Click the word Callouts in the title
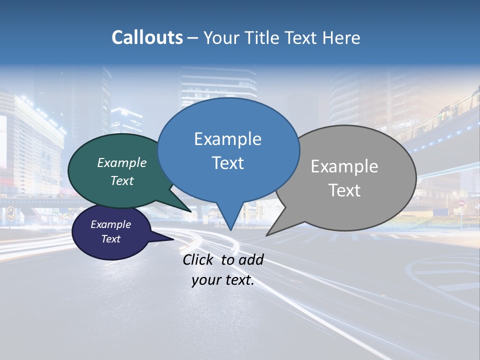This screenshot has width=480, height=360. (x=147, y=37)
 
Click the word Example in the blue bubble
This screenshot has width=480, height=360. (x=227, y=139)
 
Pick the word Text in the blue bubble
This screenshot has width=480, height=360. (x=227, y=163)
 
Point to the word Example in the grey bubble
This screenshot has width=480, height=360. (x=344, y=166)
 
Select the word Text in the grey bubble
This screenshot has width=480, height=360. (x=344, y=190)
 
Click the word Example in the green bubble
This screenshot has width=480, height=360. (x=122, y=162)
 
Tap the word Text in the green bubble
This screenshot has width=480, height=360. (x=122, y=180)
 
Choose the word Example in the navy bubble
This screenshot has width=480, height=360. (x=111, y=224)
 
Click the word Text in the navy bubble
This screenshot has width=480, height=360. (x=111, y=239)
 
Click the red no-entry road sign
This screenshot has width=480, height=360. (x=461, y=203)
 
